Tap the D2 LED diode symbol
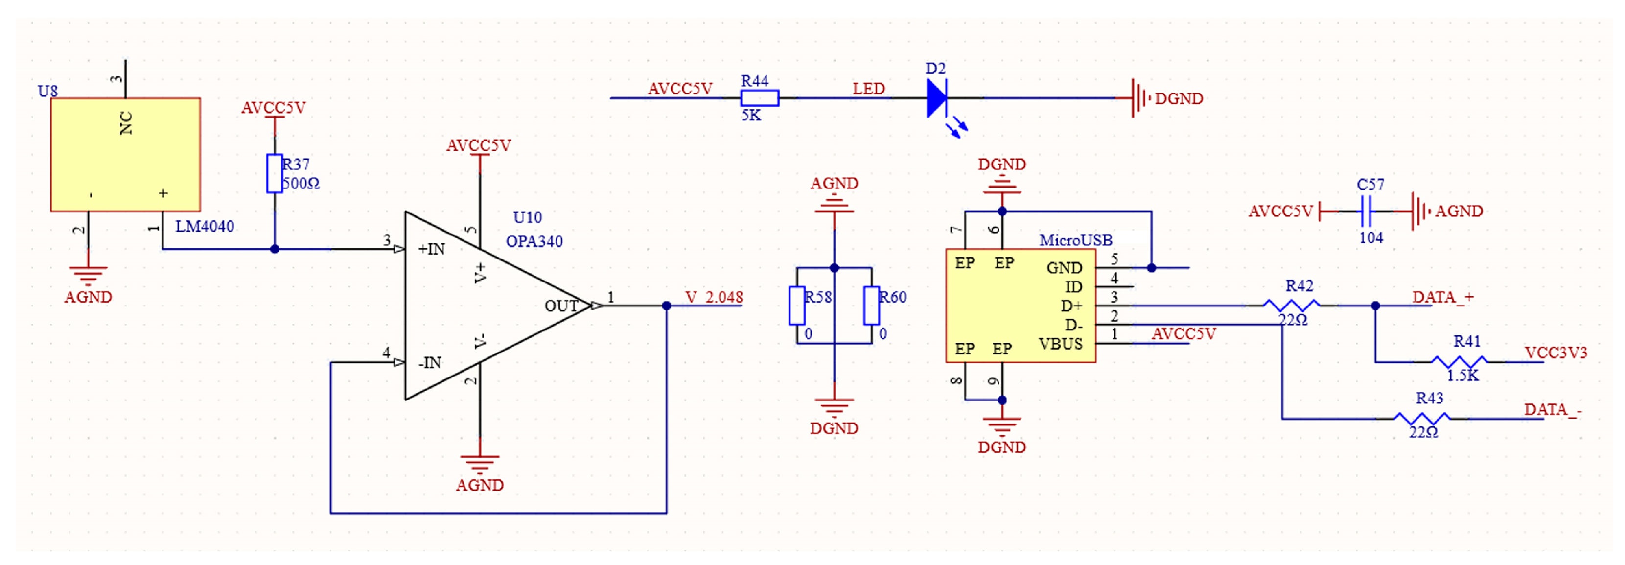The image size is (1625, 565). coord(936,98)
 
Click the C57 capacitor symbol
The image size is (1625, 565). coord(1366,211)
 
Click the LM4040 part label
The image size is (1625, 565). coord(205,226)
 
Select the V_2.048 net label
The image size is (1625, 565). coord(714,297)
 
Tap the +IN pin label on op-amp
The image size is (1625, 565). coord(432,249)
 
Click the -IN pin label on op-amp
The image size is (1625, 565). coord(430,362)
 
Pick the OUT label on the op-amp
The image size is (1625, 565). coord(561,306)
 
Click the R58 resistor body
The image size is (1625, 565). coord(797,306)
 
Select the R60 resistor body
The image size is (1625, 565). coord(871,306)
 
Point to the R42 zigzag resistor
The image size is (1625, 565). coord(1291,306)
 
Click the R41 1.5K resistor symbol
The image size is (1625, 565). coord(1459,362)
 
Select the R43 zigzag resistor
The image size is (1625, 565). coord(1421,419)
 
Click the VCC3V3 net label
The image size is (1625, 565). coord(1555,352)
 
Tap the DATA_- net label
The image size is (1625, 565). coord(1552,410)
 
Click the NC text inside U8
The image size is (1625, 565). coord(126,123)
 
